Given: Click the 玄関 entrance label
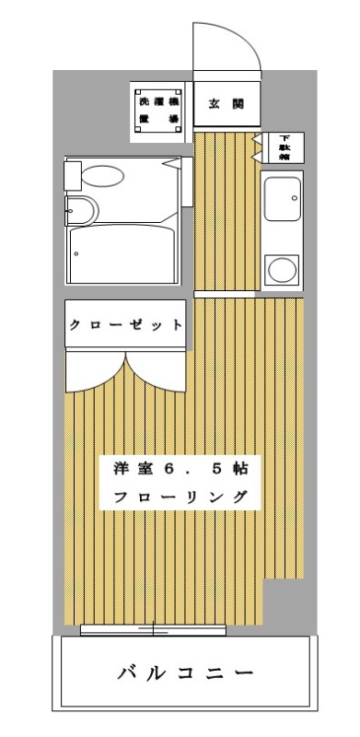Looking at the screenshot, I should (x=225, y=104).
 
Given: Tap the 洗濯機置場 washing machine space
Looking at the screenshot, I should (x=158, y=111).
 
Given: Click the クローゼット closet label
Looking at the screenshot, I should (x=123, y=325).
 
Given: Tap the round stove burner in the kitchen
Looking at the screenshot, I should (x=280, y=270).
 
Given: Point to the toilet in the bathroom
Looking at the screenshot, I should (x=80, y=211).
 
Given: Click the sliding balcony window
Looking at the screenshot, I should (x=153, y=630).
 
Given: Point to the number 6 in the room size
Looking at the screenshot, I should (x=168, y=467).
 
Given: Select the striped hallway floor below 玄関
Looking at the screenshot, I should (x=225, y=212).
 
